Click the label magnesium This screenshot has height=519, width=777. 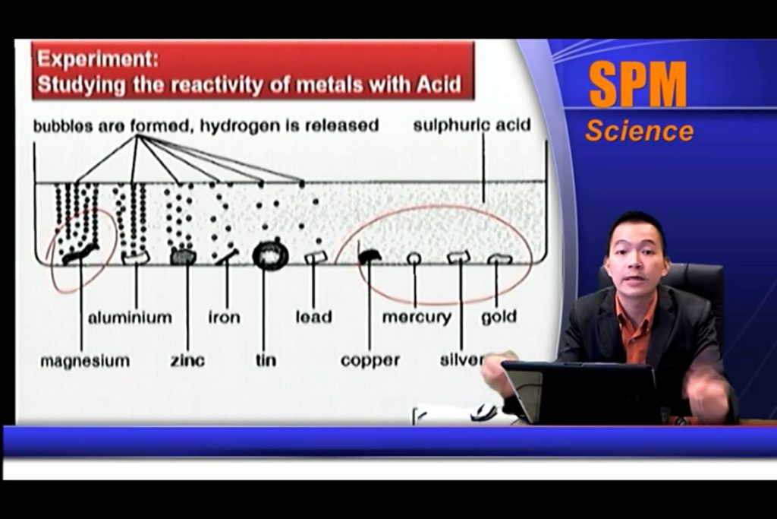click(x=85, y=361)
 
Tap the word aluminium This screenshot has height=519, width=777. click(x=130, y=317)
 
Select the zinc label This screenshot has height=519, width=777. click(x=188, y=360)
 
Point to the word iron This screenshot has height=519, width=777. click(x=224, y=317)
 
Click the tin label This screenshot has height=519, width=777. click(x=266, y=360)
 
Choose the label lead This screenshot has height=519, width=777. click(x=313, y=317)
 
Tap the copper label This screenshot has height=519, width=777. click(x=370, y=361)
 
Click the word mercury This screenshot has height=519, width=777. click(x=417, y=318)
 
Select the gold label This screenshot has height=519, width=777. click(x=499, y=318)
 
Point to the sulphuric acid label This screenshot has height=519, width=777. click(x=472, y=125)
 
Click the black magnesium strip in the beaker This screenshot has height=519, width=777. click(x=80, y=254)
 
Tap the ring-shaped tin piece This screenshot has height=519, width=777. click(x=270, y=255)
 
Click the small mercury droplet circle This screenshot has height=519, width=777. click(x=414, y=258)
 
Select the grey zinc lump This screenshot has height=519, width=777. click(x=184, y=257)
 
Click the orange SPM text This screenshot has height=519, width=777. click(x=638, y=84)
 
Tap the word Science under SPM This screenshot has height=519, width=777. click(x=639, y=131)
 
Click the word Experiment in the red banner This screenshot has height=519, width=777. click(x=98, y=59)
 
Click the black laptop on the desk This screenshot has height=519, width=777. click(x=581, y=391)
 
